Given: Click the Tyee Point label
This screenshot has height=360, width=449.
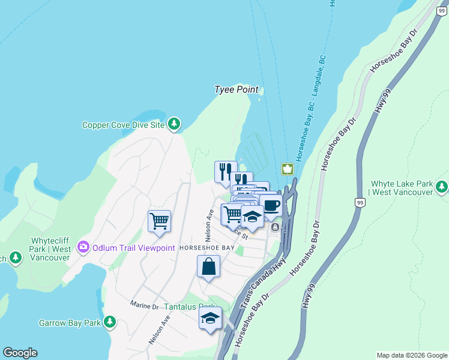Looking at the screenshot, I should (237, 89).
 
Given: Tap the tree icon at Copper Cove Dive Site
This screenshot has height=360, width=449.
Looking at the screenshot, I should (174, 124).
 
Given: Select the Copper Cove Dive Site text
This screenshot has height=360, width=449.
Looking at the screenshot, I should (123, 125).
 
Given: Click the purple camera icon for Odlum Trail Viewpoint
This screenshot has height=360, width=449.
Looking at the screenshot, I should (83, 247).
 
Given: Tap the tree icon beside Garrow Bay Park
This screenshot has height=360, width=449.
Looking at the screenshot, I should (109, 323).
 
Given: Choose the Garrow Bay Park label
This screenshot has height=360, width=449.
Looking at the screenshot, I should (70, 323).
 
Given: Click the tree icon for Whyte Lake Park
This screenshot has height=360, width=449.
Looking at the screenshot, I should (442, 187).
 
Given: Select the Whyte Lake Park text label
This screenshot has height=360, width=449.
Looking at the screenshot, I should (401, 188).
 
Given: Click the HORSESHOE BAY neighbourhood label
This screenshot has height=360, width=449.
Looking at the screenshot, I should (207, 248).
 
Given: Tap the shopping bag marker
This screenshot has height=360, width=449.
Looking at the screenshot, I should (208, 266).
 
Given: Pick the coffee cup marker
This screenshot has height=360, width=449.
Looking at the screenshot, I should (271, 205).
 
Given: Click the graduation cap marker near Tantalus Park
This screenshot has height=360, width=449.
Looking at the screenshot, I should (210, 318).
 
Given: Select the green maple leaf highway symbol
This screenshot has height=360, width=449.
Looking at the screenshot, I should (288, 169).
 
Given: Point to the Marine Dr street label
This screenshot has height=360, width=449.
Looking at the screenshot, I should (144, 305).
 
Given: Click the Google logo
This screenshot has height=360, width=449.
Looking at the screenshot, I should (20, 353).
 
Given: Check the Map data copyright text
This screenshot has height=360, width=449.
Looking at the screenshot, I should (411, 355).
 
